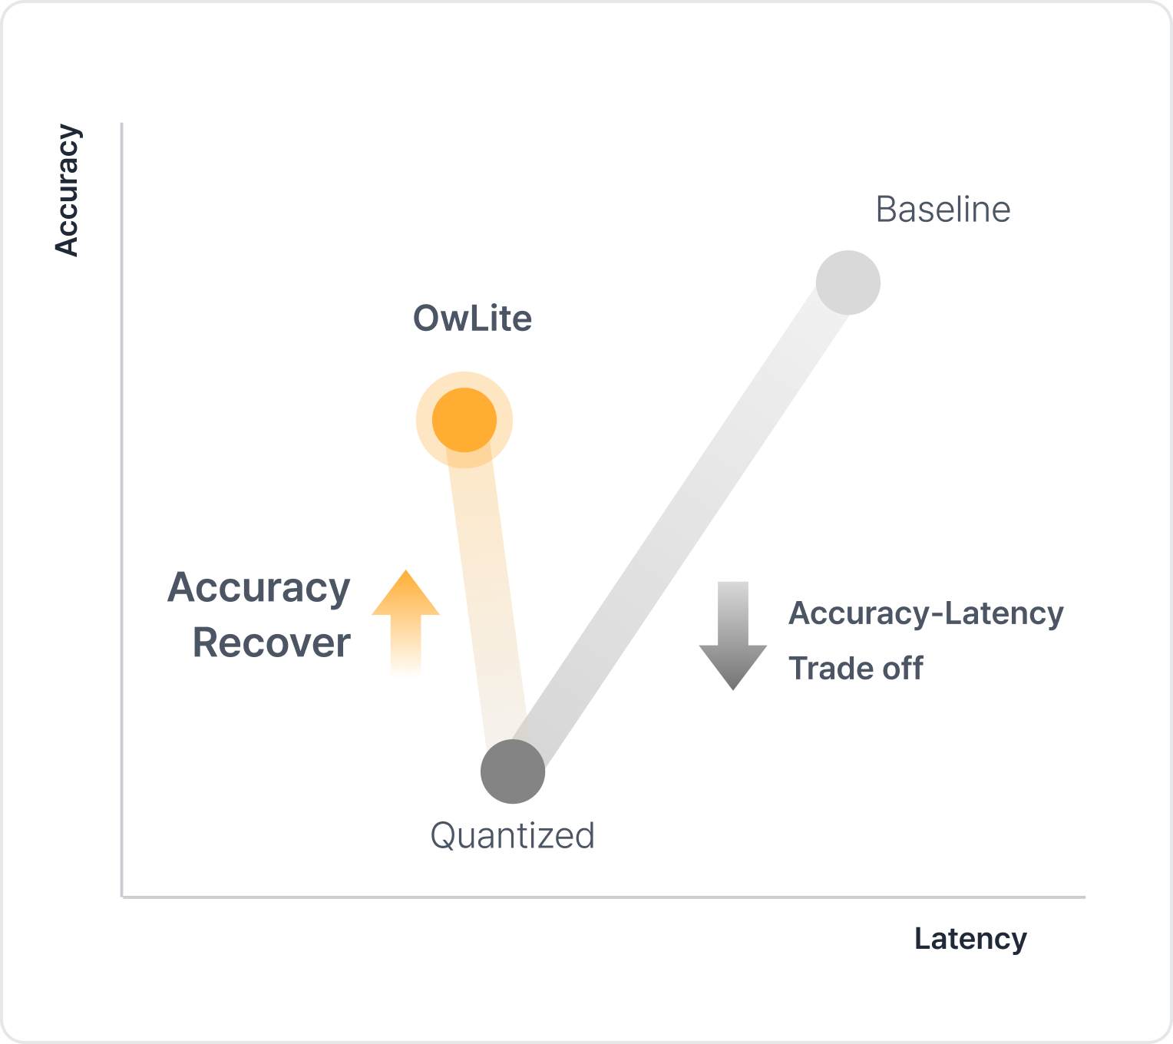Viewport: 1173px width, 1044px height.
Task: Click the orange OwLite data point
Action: click(x=464, y=420)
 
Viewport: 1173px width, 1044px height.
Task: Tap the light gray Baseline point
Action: click(x=848, y=282)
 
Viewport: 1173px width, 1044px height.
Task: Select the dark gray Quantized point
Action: click(x=513, y=771)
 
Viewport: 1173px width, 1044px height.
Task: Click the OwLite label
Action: click(x=472, y=319)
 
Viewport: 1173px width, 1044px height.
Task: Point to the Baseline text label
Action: click(x=943, y=210)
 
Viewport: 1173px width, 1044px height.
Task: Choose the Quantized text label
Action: click(x=512, y=835)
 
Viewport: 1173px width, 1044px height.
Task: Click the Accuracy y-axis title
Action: click(x=67, y=190)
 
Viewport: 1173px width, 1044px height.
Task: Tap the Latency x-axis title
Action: click(x=970, y=939)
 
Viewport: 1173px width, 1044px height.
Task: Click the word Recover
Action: click(x=271, y=643)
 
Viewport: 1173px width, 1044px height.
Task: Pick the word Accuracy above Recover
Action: click(x=259, y=588)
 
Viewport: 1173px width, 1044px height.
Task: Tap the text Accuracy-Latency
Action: click(x=926, y=613)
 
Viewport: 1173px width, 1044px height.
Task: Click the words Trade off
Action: click(x=855, y=669)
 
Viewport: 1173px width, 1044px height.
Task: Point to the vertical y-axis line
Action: click(x=122, y=507)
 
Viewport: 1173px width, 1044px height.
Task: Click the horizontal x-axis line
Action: click(x=603, y=897)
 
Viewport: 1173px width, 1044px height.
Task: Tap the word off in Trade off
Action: click(x=902, y=669)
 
